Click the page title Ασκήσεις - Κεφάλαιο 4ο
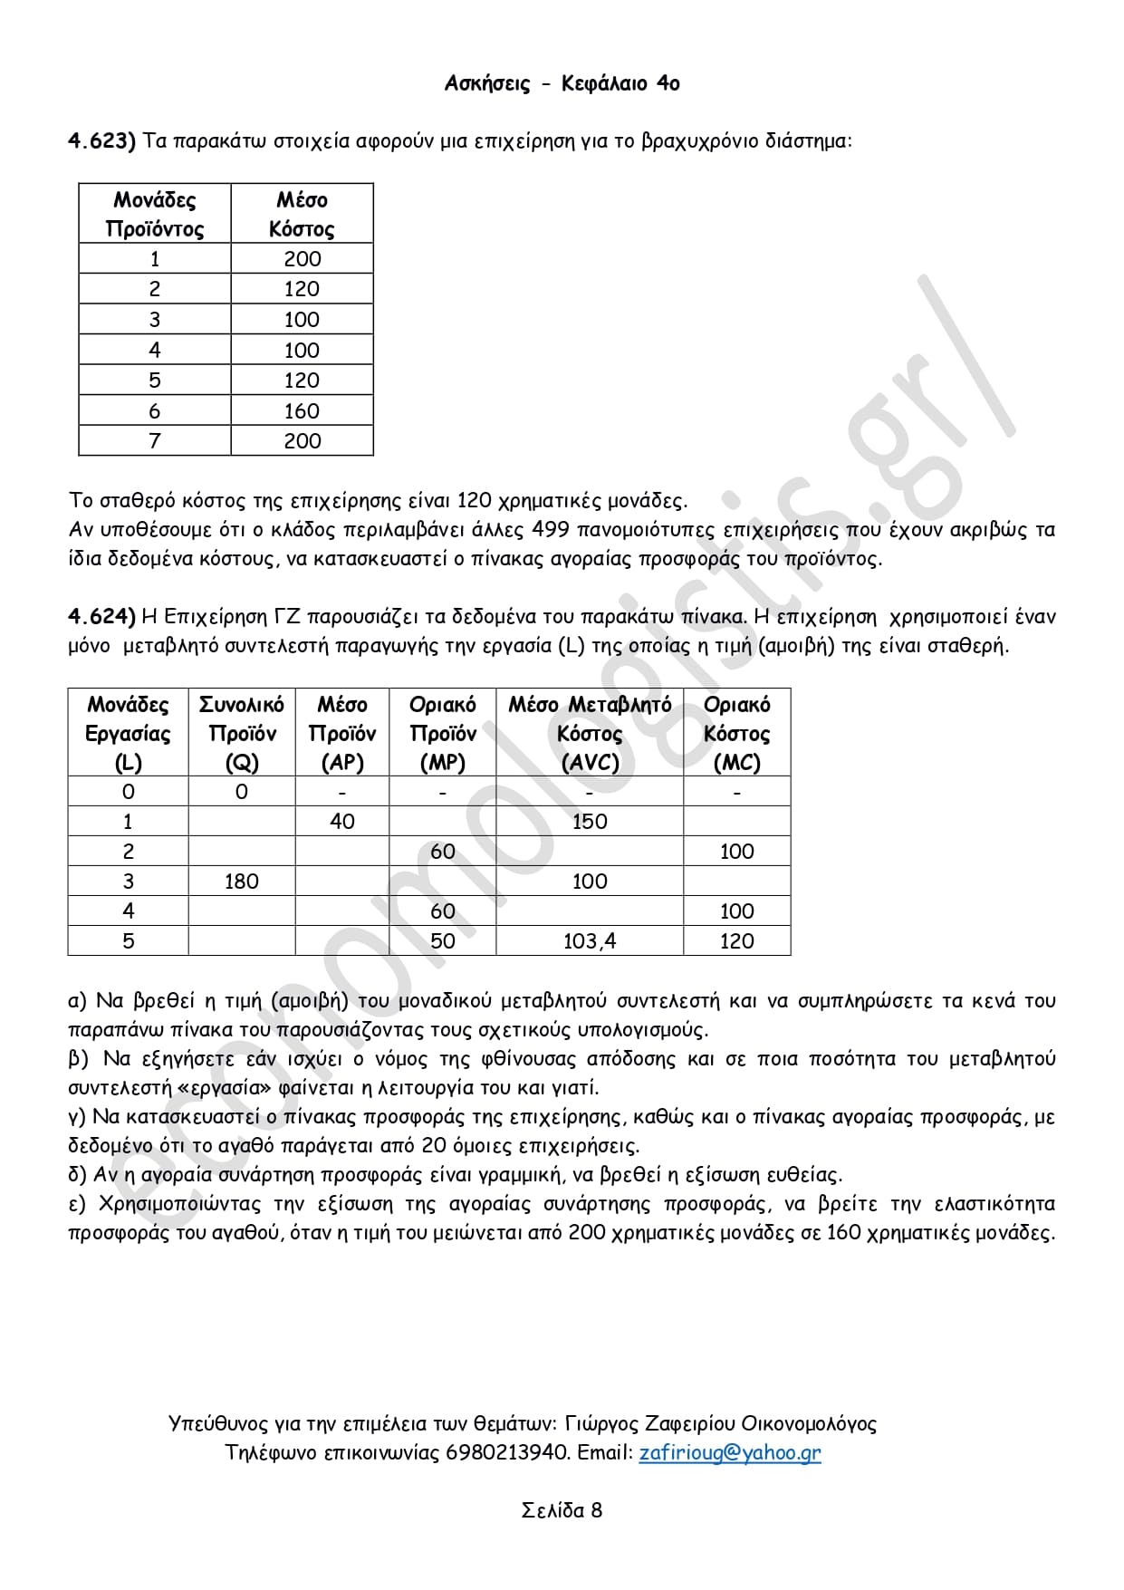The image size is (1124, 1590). pyautogui.click(x=562, y=83)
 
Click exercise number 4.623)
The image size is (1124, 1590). pyautogui.click(x=101, y=141)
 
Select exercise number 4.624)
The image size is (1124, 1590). pyautogui.click(x=101, y=617)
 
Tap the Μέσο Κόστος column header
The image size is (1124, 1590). pyautogui.click(x=302, y=214)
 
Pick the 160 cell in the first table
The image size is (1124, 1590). pyautogui.click(x=302, y=411)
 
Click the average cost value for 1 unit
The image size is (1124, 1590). pyautogui.click(x=302, y=259)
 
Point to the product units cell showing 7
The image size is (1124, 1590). pyautogui.click(x=154, y=441)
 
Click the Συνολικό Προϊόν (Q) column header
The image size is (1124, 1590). pyautogui.click(x=241, y=733)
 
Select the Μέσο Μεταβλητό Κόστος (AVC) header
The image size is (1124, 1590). pyautogui.click(x=589, y=733)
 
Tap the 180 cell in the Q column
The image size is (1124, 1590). pyautogui.click(x=241, y=882)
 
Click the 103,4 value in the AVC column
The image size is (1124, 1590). pyautogui.click(x=589, y=941)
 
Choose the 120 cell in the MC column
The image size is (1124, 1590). pyautogui.click(x=736, y=941)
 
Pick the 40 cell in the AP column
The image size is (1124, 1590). pyautogui.click(x=342, y=822)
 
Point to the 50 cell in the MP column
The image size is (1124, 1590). pyautogui.click(x=442, y=941)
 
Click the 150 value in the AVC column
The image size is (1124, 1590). pyautogui.click(x=589, y=822)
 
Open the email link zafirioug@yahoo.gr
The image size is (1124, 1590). pyautogui.click(x=729, y=1452)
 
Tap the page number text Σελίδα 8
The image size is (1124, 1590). pyautogui.click(x=562, y=1510)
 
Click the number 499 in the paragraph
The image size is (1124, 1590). pyautogui.click(x=551, y=530)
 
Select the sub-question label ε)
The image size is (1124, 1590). pyautogui.click(x=77, y=1205)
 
